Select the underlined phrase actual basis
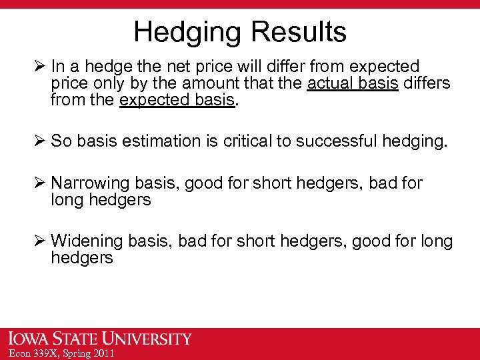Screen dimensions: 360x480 point(352,84)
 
